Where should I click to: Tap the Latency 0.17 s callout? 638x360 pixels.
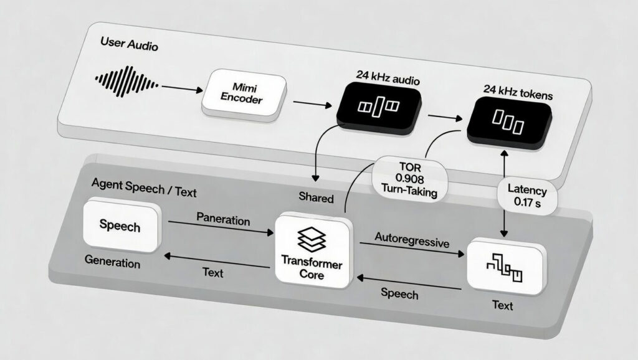(x=526, y=195)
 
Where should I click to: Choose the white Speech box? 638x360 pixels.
(x=120, y=225)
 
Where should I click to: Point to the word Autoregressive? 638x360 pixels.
(x=411, y=240)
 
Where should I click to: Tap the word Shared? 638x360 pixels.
(x=316, y=198)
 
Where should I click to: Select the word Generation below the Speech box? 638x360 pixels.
(x=112, y=262)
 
